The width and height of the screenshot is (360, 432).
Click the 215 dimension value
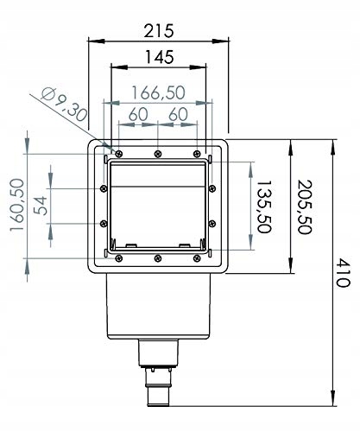(159, 31)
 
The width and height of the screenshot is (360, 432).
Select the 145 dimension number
(160, 57)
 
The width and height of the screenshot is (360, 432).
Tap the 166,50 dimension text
(158, 92)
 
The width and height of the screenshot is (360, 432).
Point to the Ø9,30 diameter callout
(64, 105)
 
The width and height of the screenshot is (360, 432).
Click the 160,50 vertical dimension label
(16, 205)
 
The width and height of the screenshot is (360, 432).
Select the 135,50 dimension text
(263, 206)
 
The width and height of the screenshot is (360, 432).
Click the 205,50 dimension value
(304, 206)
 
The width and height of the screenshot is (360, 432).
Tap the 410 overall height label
(344, 272)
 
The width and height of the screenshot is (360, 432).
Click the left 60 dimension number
(138, 114)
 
